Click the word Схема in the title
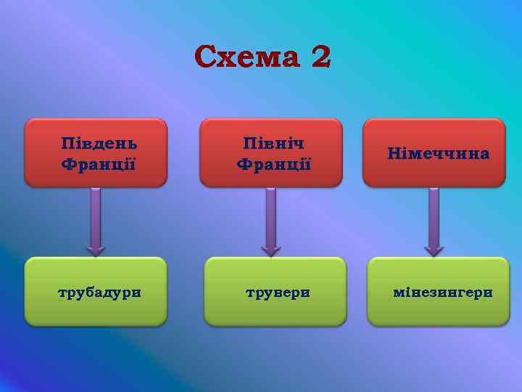click(x=247, y=56)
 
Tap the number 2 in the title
click(x=320, y=56)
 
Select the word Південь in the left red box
click(x=99, y=142)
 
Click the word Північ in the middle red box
click(x=273, y=143)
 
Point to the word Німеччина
click(x=438, y=153)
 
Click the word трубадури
click(x=99, y=293)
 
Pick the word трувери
click(x=277, y=293)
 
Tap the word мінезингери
click(x=442, y=293)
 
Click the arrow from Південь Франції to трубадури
click(x=95, y=218)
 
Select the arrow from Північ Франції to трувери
click(x=270, y=218)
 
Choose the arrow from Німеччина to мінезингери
click(x=434, y=218)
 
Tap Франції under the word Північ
click(x=273, y=164)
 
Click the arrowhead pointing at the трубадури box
click(x=95, y=249)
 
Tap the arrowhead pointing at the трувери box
click(x=270, y=250)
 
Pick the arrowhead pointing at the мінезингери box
click(x=434, y=250)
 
